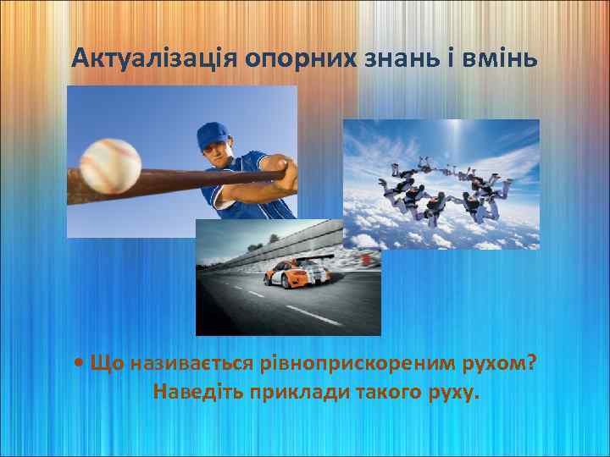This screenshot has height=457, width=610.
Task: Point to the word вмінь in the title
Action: pyautogui.click(x=497, y=58)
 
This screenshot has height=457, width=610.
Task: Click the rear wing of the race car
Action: pyautogui.click(x=319, y=256)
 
